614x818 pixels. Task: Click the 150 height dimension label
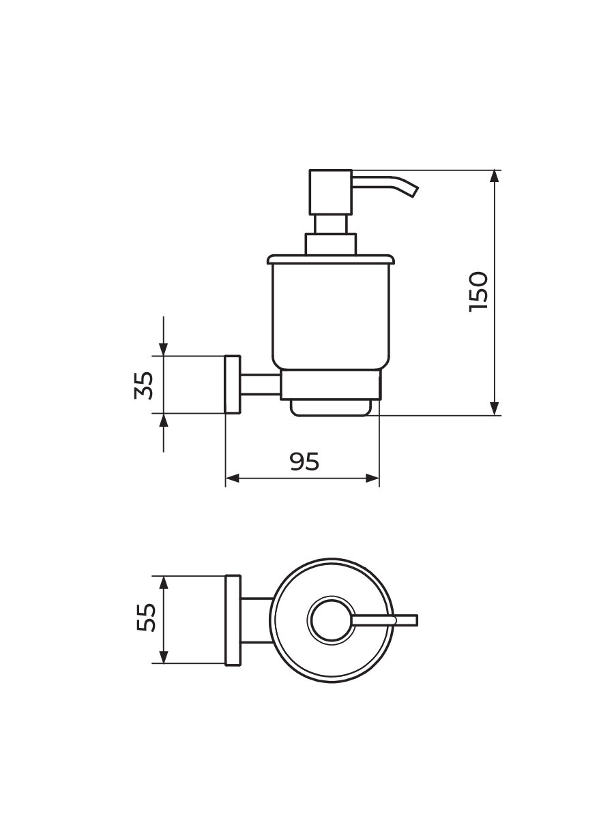(x=478, y=292)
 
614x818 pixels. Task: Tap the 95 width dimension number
(x=304, y=461)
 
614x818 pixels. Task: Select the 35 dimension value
(x=143, y=385)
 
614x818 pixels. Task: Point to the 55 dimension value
(x=146, y=617)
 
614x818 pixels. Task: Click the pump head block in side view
(x=331, y=192)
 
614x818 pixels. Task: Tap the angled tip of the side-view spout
(x=415, y=190)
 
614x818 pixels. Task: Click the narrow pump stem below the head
(x=331, y=224)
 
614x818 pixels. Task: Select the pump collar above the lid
(x=331, y=244)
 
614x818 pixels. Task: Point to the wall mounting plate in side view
(x=233, y=384)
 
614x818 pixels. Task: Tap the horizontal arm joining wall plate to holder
(x=260, y=384)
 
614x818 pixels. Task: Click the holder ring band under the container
(x=331, y=384)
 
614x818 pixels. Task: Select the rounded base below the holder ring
(x=331, y=408)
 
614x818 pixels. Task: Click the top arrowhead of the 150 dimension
(x=495, y=176)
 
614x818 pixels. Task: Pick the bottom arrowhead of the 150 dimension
(x=495, y=409)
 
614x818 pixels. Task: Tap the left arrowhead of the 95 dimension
(x=232, y=478)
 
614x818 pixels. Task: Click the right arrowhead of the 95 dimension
(x=372, y=478)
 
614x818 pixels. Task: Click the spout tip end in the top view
(x=417, y=620)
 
